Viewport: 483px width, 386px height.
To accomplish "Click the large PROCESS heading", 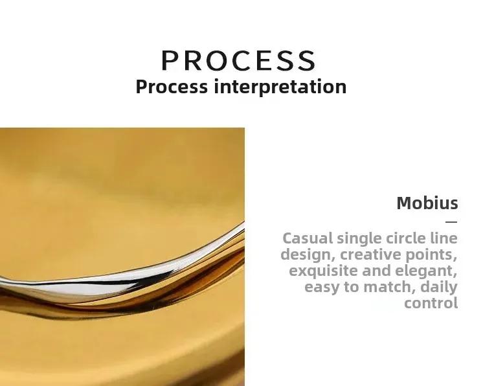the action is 239,60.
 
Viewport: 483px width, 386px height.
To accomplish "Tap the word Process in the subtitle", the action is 172,87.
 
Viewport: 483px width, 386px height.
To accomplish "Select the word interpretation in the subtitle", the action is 280,87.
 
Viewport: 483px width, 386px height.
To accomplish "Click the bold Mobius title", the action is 427,203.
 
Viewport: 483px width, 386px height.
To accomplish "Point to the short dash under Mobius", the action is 451,221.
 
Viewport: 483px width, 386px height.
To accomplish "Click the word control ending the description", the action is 431,303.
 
